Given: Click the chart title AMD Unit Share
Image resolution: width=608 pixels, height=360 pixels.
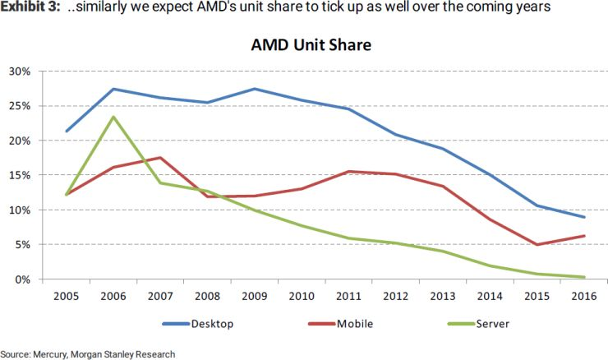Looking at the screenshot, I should (x=311, y=45).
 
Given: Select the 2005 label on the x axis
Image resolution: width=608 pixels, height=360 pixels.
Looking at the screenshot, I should (x=67, y=296).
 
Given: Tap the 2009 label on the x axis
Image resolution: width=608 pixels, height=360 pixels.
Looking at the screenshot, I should (x=255, y=296).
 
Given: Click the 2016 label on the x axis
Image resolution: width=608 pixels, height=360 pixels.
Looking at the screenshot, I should (x=583, y=296).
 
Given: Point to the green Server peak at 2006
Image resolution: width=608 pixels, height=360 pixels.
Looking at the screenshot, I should (x=113, y=117).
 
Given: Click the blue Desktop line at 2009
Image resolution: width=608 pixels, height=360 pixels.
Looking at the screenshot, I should (x=255, y=89).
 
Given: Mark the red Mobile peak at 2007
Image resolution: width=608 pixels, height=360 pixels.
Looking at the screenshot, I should (x=160, y=158).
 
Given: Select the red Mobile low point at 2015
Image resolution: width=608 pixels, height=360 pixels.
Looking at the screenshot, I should (x=537, y=245).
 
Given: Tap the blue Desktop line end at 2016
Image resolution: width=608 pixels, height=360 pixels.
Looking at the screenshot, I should (x=583, y=217).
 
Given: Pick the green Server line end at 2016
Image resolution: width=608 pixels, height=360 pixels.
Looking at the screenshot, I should (x=583, y=277).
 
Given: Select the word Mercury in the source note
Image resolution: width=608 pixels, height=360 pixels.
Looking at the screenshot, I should (x=52, y=353).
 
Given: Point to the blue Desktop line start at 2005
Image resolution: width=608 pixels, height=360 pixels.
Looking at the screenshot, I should (x=67, y=132).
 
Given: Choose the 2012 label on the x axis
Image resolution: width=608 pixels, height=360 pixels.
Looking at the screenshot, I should (x=395, y=296).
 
